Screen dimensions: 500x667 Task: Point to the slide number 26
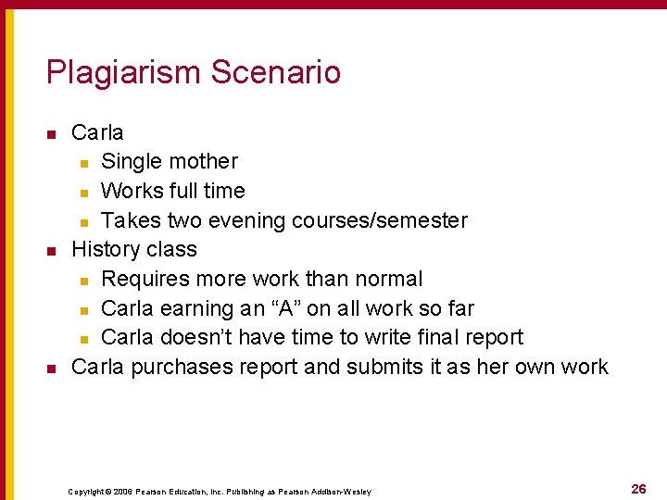pyautogui.click(x=638, y=489)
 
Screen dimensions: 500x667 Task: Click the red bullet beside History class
pyautogui.click(x=52, y=251)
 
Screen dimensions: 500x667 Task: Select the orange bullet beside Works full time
pyautogui.click(x=83, y=193)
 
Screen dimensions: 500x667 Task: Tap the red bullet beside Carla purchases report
pyautogui.click(x=52, y=369)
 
